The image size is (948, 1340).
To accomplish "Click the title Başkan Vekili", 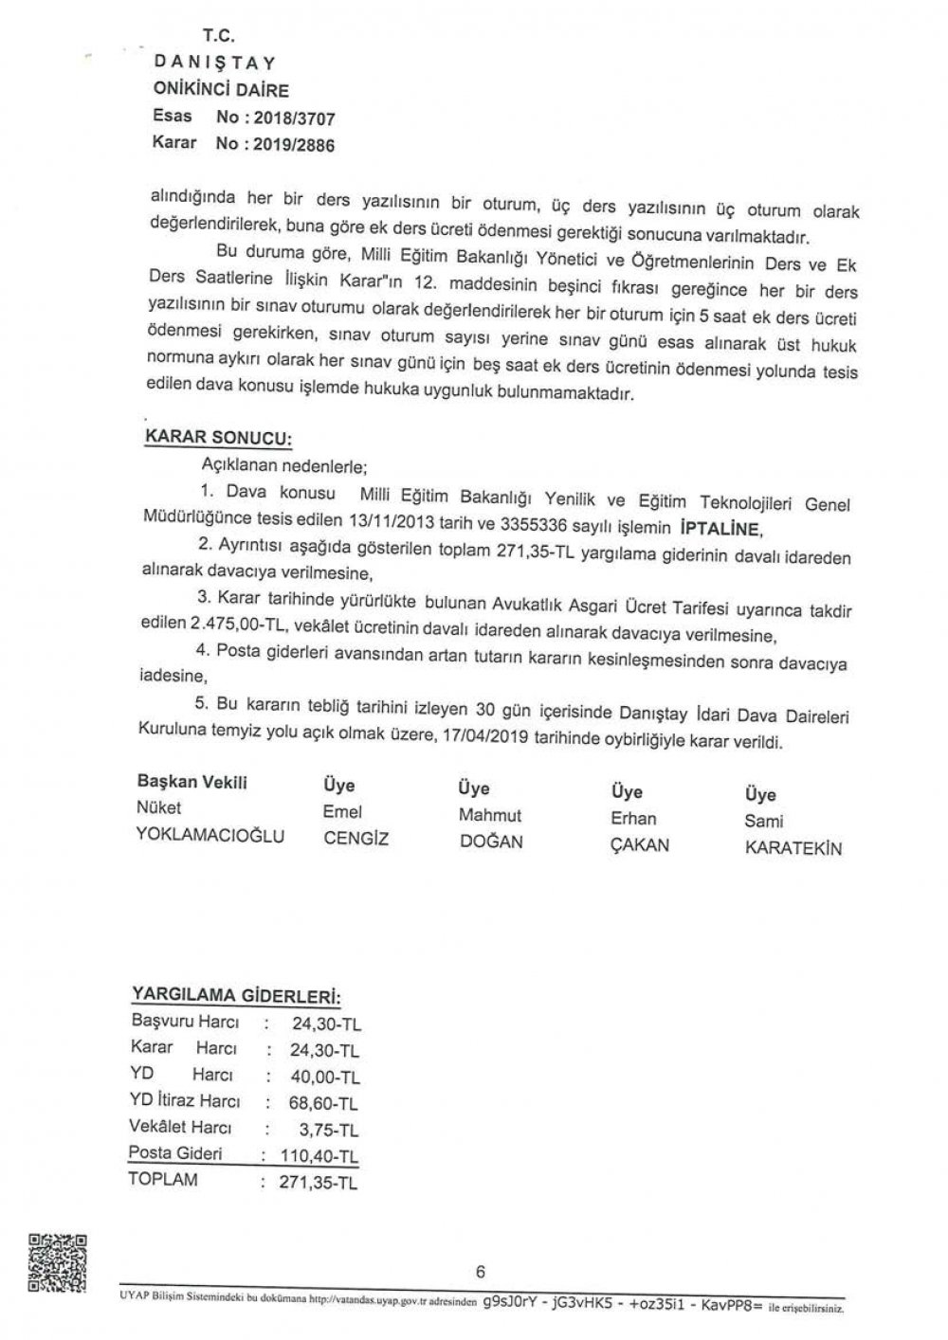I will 192,783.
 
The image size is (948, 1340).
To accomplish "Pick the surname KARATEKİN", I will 793,849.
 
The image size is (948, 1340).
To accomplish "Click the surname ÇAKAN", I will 640,844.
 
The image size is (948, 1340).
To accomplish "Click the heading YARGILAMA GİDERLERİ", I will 234,997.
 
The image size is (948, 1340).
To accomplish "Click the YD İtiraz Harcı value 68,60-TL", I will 324,1103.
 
